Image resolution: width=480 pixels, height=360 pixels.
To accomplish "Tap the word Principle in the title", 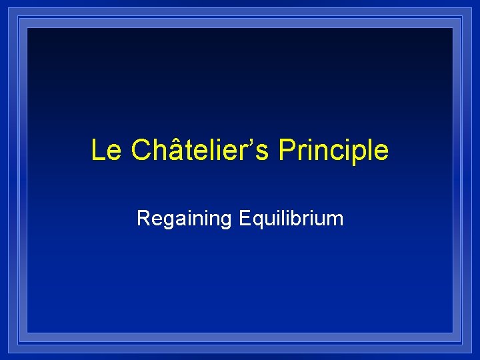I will (333, 151).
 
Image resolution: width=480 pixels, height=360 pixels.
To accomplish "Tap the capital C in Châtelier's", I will (142, 151).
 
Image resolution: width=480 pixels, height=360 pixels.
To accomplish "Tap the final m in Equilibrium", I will (336, 220).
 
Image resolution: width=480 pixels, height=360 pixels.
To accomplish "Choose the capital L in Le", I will (97, 151).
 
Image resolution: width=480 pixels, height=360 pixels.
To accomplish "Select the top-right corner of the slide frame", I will (461, 19).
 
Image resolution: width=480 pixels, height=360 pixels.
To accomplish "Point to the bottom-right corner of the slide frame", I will (461, 341).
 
